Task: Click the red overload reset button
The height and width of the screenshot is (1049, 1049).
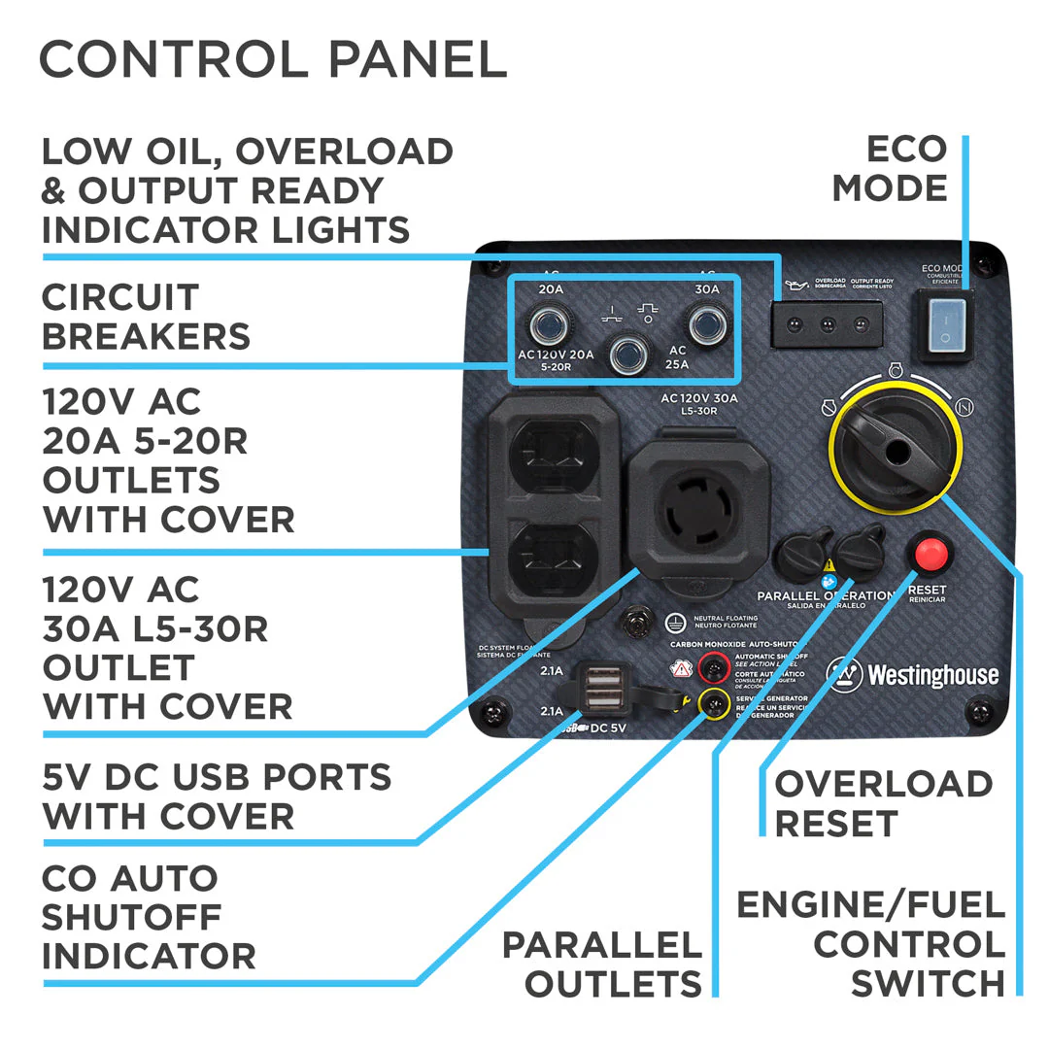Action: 931,555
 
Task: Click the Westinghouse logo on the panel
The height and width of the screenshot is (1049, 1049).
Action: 913,674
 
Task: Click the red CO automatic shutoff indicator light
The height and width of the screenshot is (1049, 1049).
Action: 715,666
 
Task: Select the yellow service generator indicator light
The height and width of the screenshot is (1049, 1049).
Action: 715,702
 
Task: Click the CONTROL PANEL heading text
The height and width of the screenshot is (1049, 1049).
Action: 273,60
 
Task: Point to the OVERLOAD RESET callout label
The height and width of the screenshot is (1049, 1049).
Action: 883,803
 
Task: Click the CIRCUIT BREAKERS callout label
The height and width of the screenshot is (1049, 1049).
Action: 146,317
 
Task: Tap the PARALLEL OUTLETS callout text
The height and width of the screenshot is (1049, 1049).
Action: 602,964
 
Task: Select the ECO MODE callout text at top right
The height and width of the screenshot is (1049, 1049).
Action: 889,168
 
